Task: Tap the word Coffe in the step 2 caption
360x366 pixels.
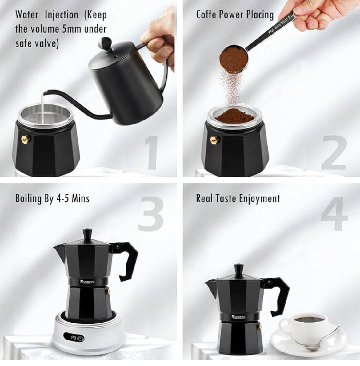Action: pyautogui.click(x=207, y=14)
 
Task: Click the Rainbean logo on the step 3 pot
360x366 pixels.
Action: pyautogui.click(x=89, y=281)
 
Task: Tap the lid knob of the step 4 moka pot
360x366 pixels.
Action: pyautogui.click(x=239, y=268)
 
